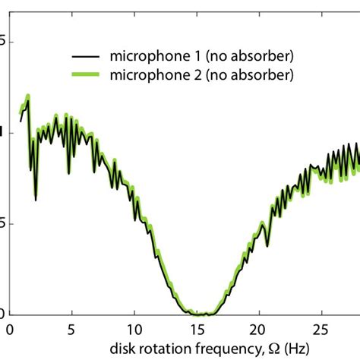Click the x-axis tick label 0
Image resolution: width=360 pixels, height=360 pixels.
click(x=9, y=331)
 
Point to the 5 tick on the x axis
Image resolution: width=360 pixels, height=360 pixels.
click(x=71, y=331)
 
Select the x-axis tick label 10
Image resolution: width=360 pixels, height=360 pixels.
click(x=134, y=331)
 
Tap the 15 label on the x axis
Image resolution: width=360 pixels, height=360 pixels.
click(x=197, y=331)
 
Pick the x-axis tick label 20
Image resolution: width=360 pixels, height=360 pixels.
click(x=259, y=331)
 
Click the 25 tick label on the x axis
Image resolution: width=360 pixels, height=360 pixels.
click(x=322, y=331)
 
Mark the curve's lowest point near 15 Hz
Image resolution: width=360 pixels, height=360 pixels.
click(x=199, y=314)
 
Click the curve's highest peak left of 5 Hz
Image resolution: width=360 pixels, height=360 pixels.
click(x=28, y=96)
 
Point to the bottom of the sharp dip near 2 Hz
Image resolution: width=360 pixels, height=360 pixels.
click(x=36, y=200)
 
